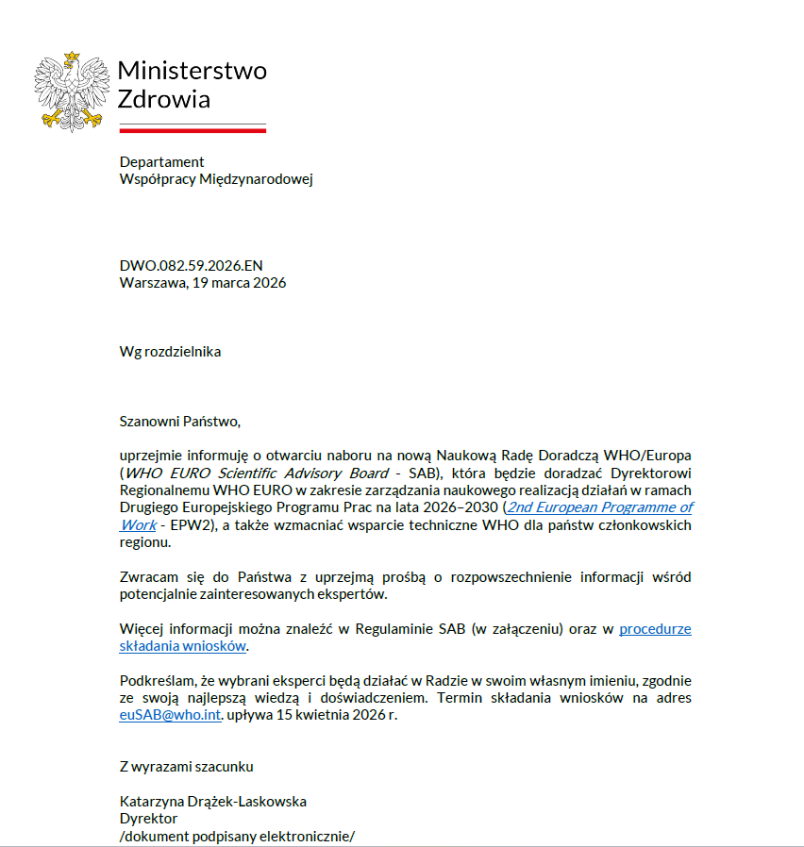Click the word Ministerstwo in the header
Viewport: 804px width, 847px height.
click(x=192, y=71)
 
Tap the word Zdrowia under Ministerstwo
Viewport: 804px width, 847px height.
click(x=164, y=99)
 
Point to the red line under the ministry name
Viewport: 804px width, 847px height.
click(x=192, y=130)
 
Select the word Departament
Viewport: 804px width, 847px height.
click(x=161, y=161)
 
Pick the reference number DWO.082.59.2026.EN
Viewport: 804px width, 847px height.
click(x=197, y=265)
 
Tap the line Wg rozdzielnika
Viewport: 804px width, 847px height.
click(x=170, y=352)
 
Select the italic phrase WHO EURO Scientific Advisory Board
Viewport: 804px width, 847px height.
click(x=257, y=473)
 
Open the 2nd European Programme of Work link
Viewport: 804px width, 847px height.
click(x=600, y=507)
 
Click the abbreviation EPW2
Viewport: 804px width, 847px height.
click(x=176, y=524)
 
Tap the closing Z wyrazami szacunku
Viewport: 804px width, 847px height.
click(x=186, y=767)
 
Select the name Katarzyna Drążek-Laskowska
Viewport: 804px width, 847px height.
click(x=212, y=802)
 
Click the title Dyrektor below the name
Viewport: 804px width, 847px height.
click(x=148, y=819)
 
